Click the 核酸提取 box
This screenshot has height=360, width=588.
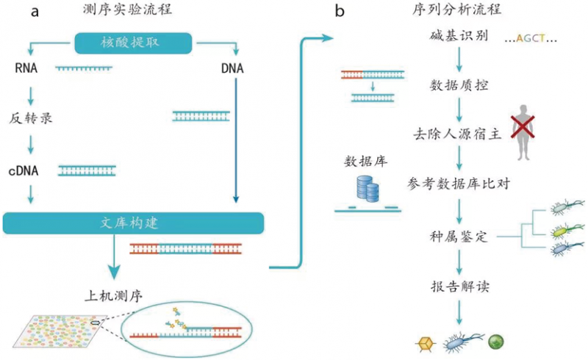coord(134,43)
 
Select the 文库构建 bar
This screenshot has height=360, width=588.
coord(133,223)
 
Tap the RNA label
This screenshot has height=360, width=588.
coord(26,70)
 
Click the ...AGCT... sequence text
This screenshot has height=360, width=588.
coord(531,37)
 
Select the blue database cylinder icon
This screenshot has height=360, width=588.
coord(366,189)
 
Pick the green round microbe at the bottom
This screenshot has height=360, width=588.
coord(498,342)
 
